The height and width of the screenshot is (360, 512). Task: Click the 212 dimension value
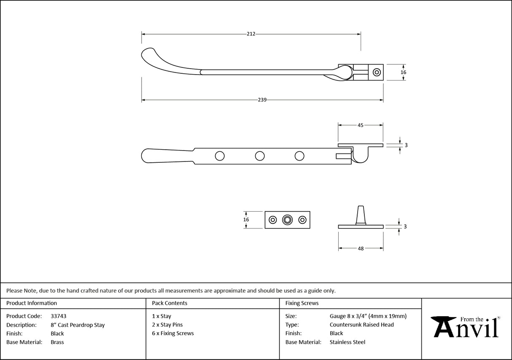click(251, 34)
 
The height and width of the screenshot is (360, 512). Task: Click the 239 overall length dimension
click(262, 100)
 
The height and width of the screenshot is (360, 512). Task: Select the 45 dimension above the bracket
click(361, 125)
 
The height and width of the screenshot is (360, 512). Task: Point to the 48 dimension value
click(361, 249)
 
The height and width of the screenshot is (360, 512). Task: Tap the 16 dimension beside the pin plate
click(246, 220)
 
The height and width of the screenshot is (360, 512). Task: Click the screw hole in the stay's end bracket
click(376, 72)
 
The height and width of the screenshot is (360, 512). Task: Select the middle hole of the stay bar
click(260, 156)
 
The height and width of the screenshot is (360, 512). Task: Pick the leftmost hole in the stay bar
click(220, 156)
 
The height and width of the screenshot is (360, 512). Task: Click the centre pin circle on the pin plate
click(288, 220)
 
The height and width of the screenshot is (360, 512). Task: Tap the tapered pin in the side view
click(361, 215)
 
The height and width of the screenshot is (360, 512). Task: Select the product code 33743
click(58, 316)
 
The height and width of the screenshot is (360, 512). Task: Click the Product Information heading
click(32, 303)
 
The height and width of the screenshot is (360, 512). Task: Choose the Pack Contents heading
click(170, 303)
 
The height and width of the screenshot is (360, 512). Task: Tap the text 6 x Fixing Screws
click(173, 333)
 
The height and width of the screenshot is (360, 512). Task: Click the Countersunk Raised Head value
click(361, 325)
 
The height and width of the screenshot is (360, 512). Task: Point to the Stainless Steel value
click(347, 342)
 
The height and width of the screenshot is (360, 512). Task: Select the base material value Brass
click(57, 342)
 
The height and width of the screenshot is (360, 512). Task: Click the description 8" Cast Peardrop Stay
click(78, 325)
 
